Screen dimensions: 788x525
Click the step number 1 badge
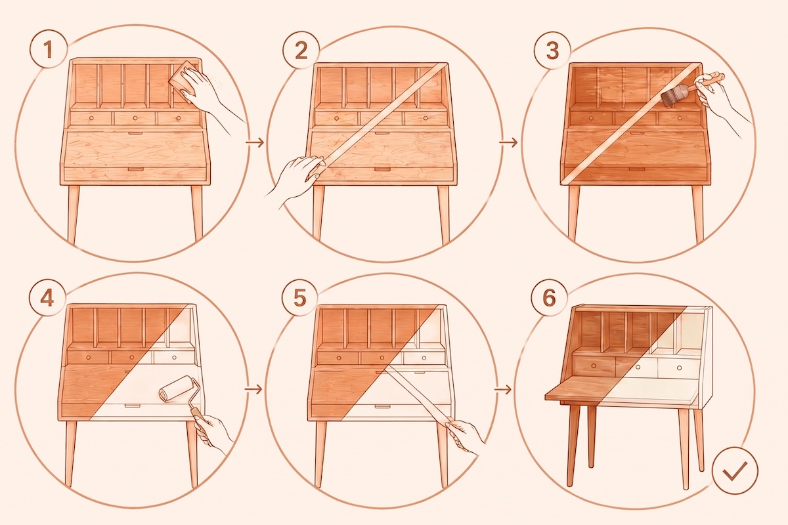[48, 49]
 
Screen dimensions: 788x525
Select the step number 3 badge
[552, 51]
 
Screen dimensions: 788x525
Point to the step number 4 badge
[47, 299]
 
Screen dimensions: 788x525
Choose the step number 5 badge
[299, 297]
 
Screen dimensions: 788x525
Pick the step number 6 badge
[550, 297]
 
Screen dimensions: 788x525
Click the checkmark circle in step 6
[735, 470]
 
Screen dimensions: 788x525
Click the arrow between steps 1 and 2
[255, 142]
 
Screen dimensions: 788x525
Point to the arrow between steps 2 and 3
[508, 142]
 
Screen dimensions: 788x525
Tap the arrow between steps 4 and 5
[254, 389]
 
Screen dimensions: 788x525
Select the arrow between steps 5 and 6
[503, 389]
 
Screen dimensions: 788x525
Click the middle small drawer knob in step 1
[135, 119]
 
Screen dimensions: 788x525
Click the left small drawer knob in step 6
[594, 366]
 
